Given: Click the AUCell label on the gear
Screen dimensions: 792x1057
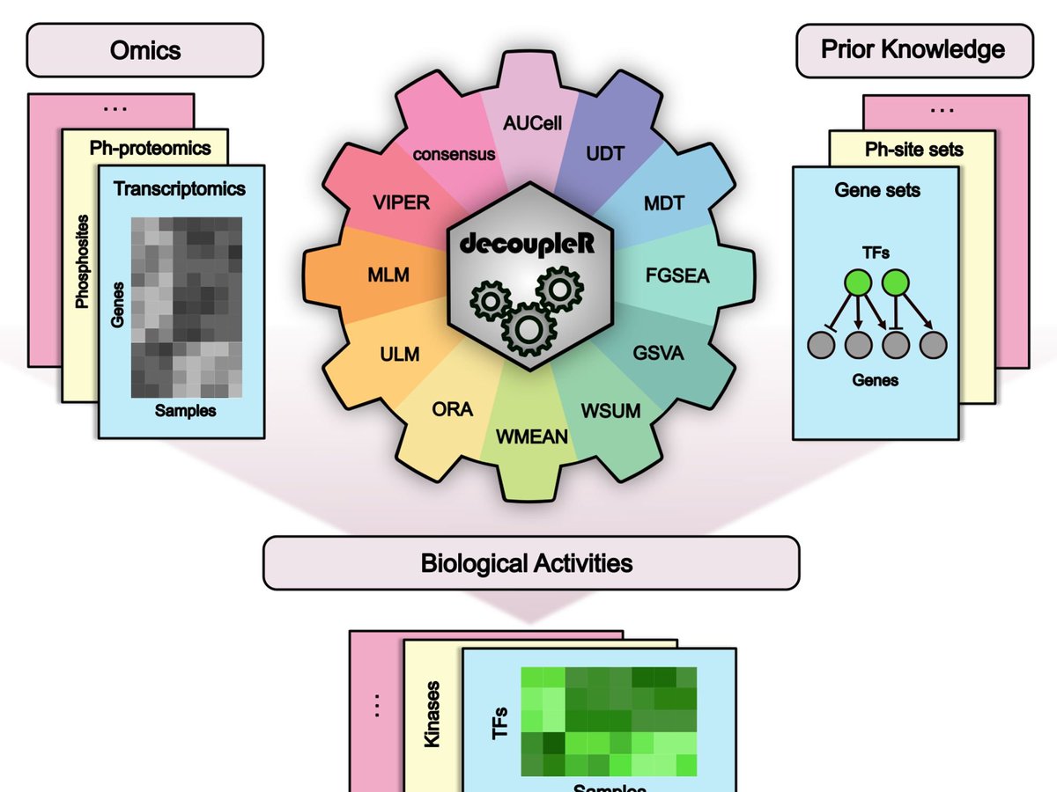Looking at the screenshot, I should (532, 125).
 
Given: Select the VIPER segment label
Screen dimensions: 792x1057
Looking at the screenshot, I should (400, 202).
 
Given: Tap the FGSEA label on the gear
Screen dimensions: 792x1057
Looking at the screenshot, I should (677, 276).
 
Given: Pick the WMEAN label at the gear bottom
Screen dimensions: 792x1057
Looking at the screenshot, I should (531, 435).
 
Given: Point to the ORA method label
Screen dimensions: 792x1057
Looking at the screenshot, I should (452, 409).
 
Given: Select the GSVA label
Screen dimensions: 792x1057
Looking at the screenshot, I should (658, 355).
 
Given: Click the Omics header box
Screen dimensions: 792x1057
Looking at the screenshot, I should (145, 50).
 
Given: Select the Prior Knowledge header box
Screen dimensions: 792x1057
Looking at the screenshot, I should (913, 49).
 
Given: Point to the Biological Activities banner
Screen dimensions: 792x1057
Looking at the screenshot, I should (530, 562).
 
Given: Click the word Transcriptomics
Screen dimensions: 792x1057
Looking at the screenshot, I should (180, 188).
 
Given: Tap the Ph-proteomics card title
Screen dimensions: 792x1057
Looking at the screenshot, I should (150, 147).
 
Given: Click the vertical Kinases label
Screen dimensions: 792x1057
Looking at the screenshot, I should (432, 714).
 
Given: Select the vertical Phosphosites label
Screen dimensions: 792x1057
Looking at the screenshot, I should (83, 260).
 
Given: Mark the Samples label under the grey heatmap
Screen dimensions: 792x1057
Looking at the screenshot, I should (185, 410).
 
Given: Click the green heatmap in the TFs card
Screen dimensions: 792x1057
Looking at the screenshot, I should (609, 722).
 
